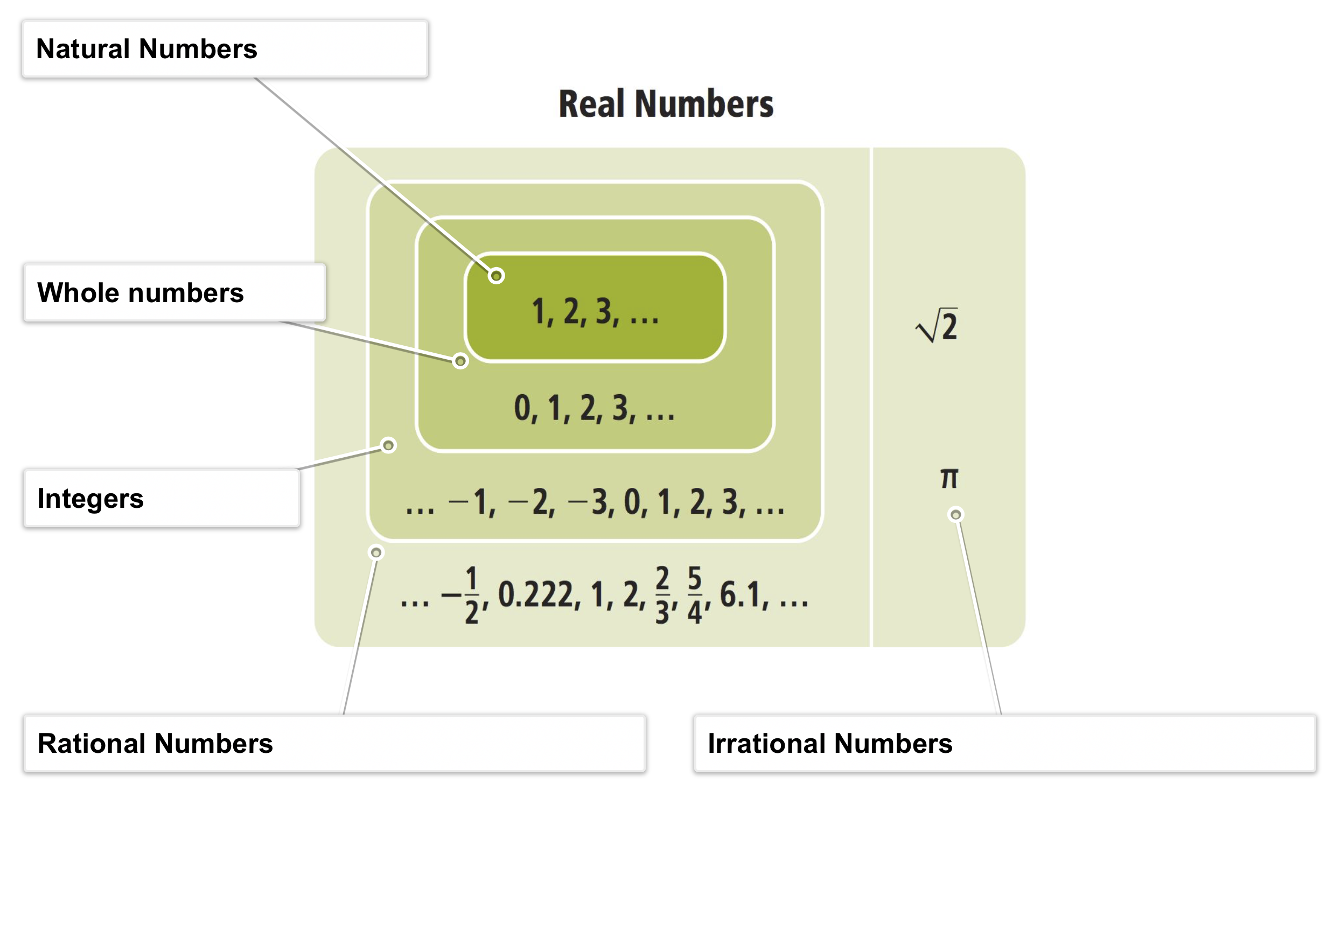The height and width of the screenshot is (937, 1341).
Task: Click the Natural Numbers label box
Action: coord(225,49)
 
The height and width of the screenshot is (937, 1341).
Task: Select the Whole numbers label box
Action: coord(174,292)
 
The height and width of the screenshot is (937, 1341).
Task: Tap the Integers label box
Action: coord(161,498)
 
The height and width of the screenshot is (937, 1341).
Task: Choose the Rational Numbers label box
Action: coord(334,743)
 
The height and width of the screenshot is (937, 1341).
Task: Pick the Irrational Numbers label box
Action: coord(1004,743)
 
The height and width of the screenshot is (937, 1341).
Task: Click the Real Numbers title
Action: coord(666,104)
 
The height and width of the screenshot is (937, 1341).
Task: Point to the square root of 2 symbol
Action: coord(937,325)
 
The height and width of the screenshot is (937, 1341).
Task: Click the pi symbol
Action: coord(949,478)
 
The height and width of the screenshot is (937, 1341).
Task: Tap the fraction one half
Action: coord(471,595)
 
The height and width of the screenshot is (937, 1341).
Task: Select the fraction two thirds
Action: coord(662,595)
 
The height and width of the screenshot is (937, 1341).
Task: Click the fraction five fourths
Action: coord(694,595)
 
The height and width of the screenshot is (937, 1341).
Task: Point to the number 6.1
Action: coord(740,595)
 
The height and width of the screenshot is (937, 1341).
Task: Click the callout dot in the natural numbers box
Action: coord(497,276)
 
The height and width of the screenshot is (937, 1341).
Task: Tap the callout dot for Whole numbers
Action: coord(460,361)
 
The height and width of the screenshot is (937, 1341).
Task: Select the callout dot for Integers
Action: coord(388,446)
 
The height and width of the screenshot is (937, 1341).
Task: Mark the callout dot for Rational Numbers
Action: coord(376,553)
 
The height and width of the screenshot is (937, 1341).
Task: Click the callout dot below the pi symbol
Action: coord(955,515)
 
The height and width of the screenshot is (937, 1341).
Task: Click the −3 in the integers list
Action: coord(591,502)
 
